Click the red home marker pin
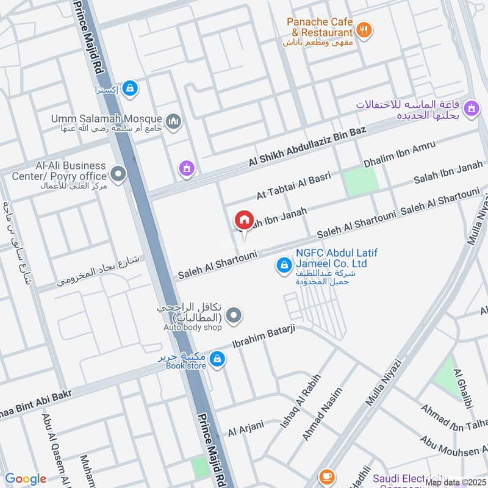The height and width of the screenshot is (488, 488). click(x=244, y=220)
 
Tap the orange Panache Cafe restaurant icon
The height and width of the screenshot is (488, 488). click(x=364, y=30)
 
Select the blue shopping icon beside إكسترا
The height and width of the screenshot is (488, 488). click(x=129, y=89)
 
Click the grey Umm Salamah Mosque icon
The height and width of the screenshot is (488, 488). click(x=174, y=122)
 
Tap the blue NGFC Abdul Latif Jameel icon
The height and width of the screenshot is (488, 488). click(x=283, y=265)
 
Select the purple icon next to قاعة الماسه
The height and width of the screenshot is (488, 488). click(x=470, y=110)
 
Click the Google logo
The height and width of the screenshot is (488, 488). click(x=26, y=479)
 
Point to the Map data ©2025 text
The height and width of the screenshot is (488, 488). click(x=456, y=482)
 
